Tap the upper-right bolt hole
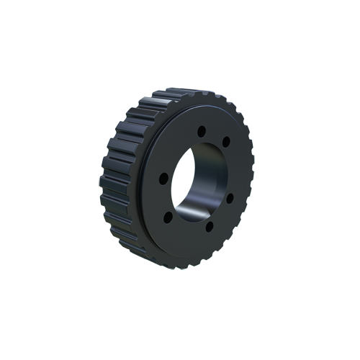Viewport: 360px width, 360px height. [x=226, y=141]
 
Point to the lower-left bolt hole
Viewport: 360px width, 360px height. [x=167, y=215]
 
